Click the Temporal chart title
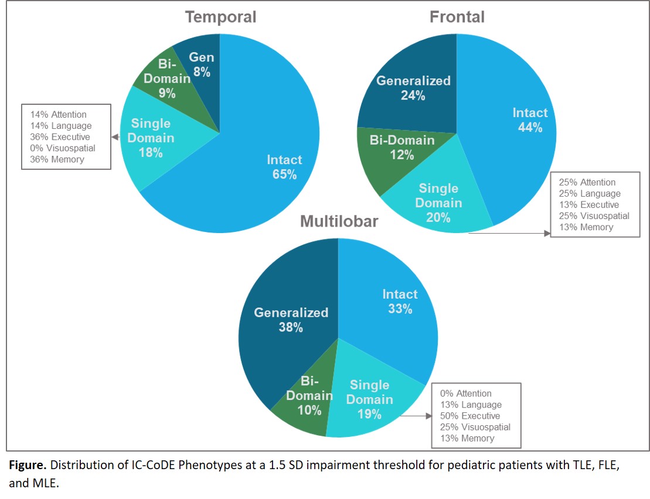click(220, 17)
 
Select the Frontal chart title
click(457, 17)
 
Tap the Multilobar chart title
click(339, 221)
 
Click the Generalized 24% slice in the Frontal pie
click(410, 88)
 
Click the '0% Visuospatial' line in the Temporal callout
click(63, 148)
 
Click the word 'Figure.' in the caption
click(25, 466)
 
